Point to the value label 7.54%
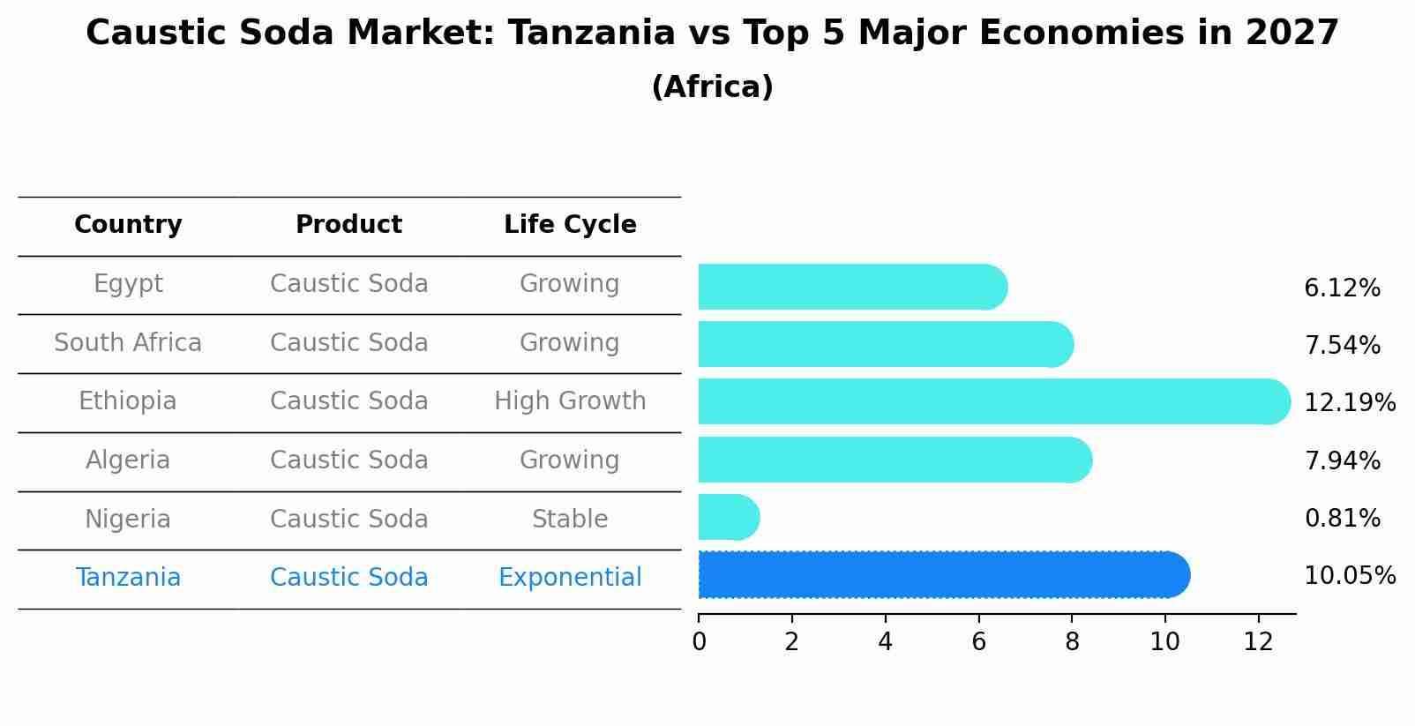(1342, 345)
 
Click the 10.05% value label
(1349, 575)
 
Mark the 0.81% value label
(1342, 518)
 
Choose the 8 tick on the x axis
(1072, 641)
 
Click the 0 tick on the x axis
(700, 641)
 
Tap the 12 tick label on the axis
(1258, 641)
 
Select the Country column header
(128, 225)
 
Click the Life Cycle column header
(570, 225)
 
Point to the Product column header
(348, 225)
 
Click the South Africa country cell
(128, 342)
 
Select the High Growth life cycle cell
(570, 401)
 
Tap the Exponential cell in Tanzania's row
(570, 577)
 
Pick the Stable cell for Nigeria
(570, 519)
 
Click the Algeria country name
(128, 460)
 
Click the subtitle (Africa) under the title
(712, 86)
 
